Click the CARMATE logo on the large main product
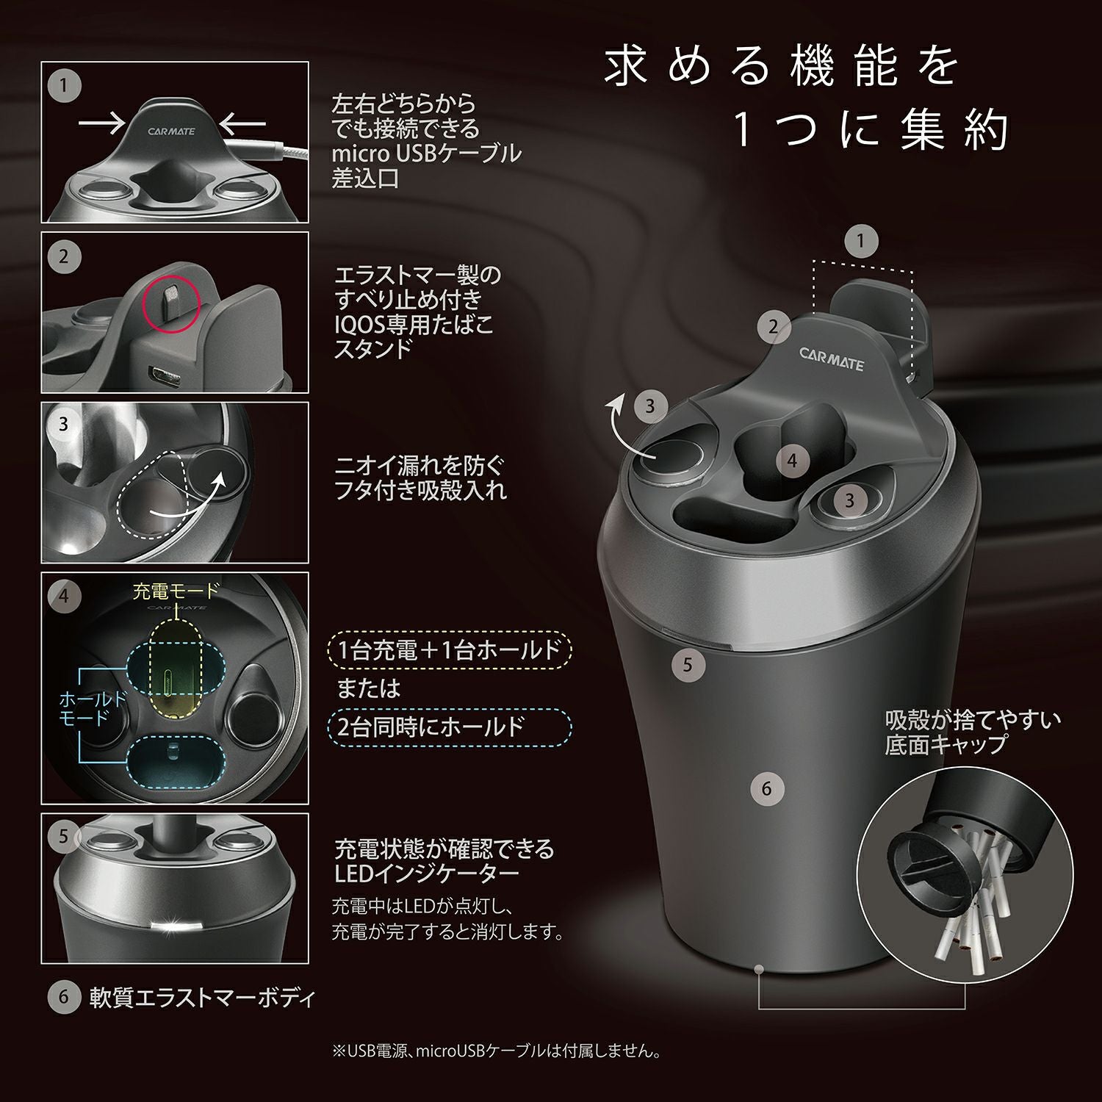tap(831, 359)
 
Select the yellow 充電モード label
tap(176, 591)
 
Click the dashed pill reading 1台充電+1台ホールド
tap(449, 649)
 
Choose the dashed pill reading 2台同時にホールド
tap(449, 727)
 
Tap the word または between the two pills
tap(369, 688)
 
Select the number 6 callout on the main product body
tap(766, 788)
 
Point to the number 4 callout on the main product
tap(791, 461)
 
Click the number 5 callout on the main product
tap(688, 665)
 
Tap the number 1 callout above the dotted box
tap(860, 240)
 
